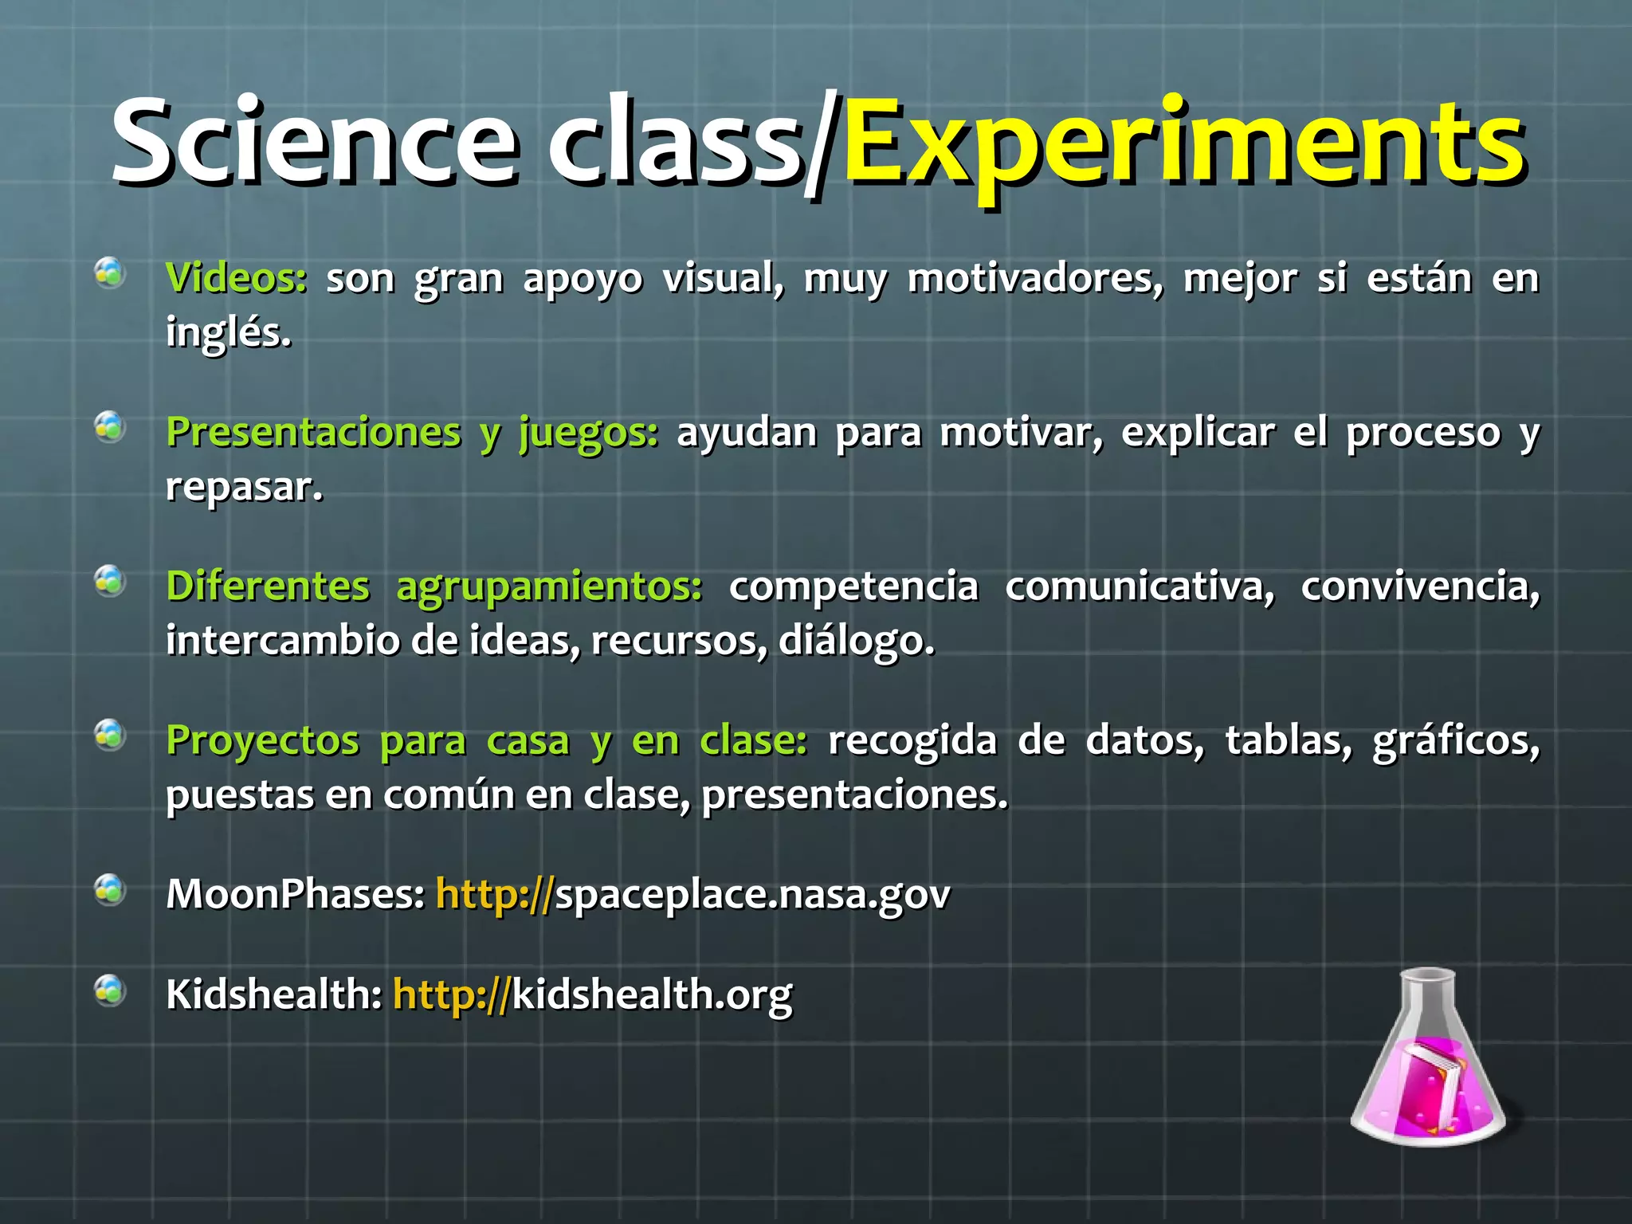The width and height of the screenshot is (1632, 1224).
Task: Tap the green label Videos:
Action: coord(236,278)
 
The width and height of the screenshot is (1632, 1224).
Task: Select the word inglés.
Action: coord(229,332)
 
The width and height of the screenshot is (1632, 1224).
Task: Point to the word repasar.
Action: coord(244,486)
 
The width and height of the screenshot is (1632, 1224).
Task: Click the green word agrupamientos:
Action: coord(549,586)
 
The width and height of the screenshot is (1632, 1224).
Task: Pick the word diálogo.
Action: coord(856,640)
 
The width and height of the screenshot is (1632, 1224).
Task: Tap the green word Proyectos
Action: coord(262,740)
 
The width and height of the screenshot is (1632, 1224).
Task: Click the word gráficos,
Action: coord(1455,741)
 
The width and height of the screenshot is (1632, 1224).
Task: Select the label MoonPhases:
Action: coord(296,894)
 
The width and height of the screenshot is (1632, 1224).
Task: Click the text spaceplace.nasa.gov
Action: coord(752,894)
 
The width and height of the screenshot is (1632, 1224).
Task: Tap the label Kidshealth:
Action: coord(274,994)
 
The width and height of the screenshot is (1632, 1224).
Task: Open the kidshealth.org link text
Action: coord(652,994)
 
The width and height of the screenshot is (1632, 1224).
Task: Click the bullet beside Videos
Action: coord(110,273)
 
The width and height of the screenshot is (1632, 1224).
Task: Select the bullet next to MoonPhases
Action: coord(110,889)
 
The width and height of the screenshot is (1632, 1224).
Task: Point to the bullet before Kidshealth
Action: coord(110,990)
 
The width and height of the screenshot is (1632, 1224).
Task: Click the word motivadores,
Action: coord(1035,278)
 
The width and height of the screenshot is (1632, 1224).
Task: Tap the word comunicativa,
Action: coord(1140,586)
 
